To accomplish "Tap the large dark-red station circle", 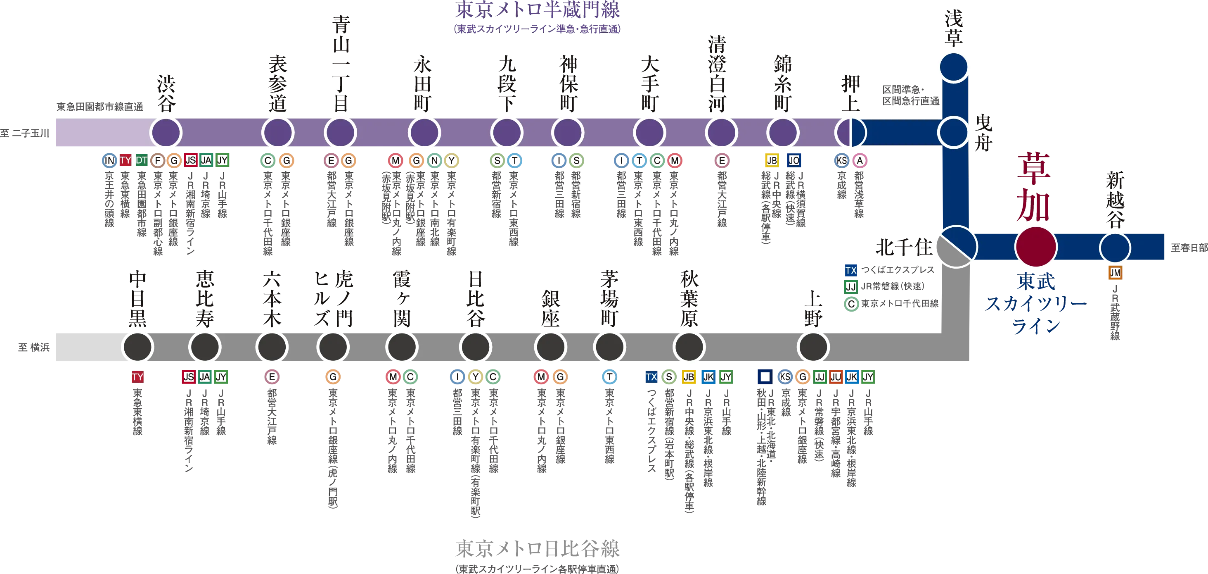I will tap(1035, 247).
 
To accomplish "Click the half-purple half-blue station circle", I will tap(850, 132).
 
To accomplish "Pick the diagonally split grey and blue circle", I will tap(956, 247).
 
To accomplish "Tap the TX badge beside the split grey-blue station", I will tap(850, 270).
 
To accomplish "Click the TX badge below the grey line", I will tap(651, 377).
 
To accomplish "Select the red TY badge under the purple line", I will tap(125, 160).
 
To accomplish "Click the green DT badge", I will tap(142, 160).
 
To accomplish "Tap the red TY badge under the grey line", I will tap(137, 377).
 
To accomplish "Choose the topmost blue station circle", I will tap(953, 67).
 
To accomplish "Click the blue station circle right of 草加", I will tap(1115, 248).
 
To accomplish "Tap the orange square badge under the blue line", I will tap(1115, 273).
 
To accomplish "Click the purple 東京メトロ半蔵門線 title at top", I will tap(537, 10).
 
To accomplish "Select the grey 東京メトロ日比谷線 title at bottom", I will tap(537, 548).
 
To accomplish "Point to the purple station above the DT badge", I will tap(166, 132).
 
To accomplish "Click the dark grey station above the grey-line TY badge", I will tap(137, 347).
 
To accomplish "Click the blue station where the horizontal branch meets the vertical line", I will tap(953, 132).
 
